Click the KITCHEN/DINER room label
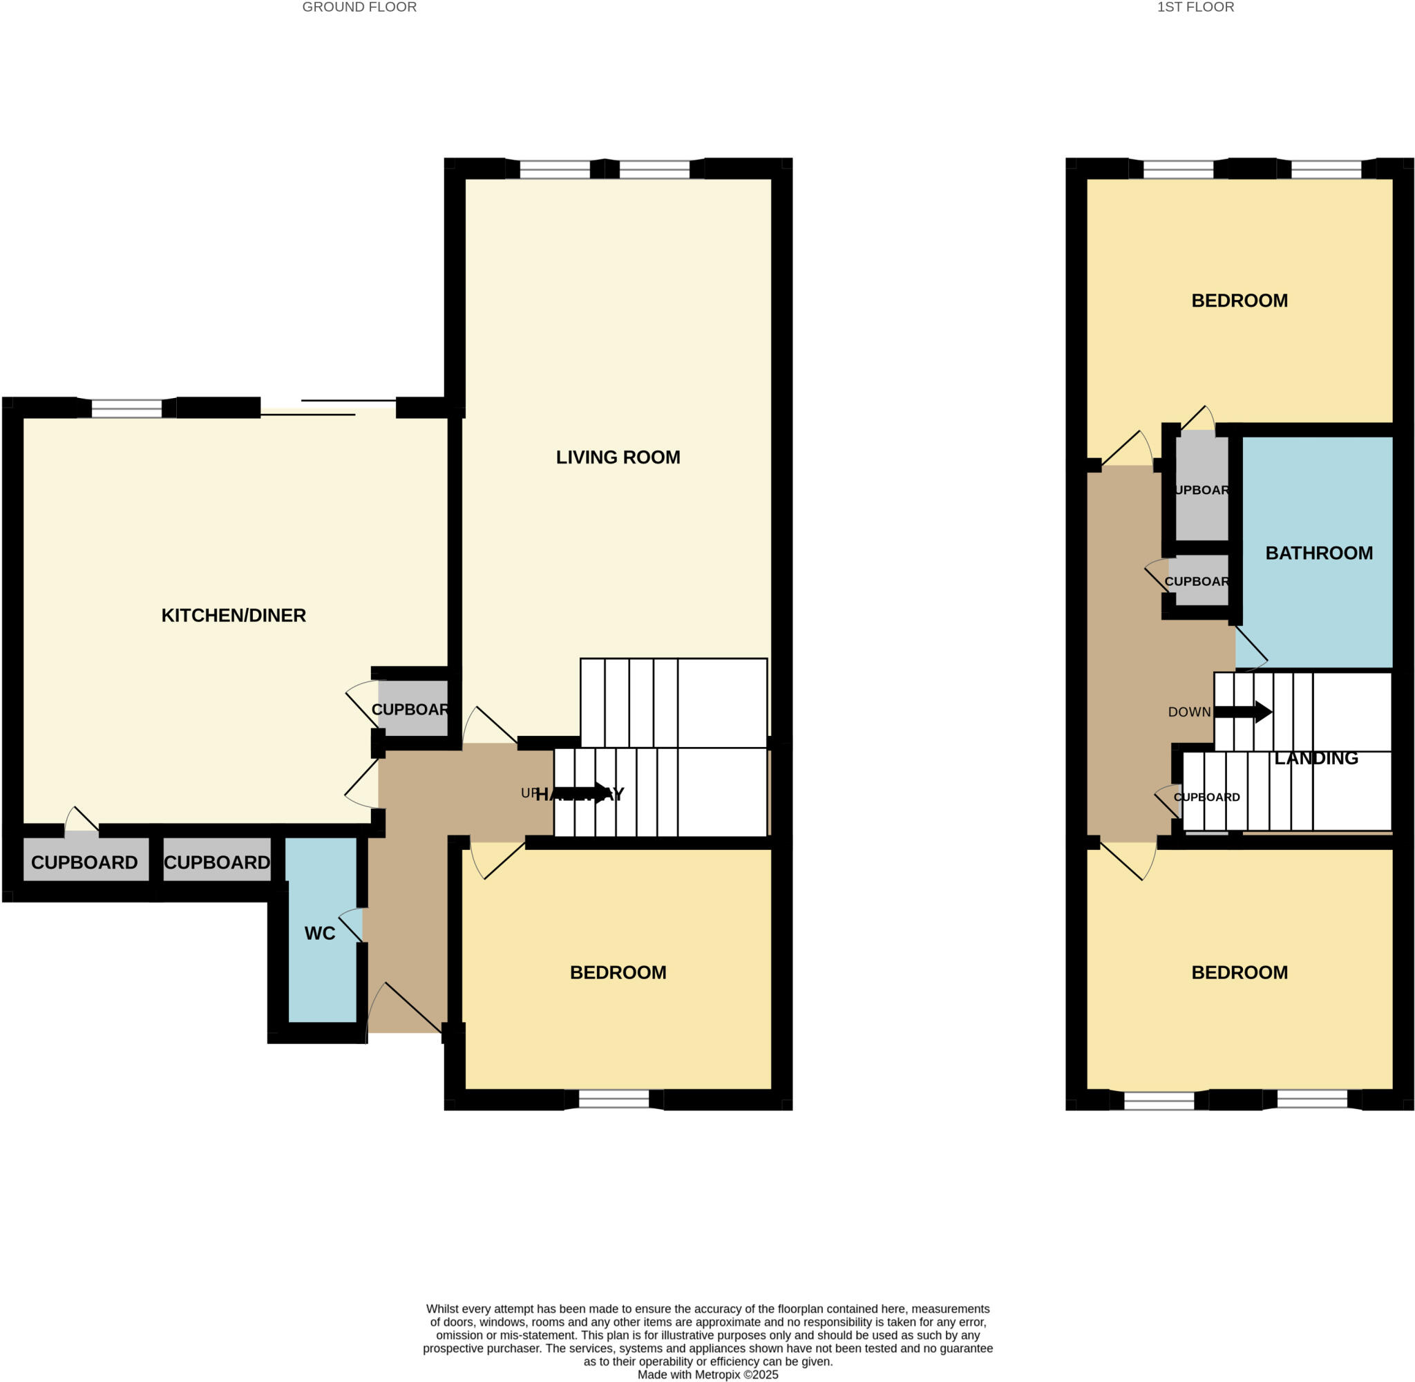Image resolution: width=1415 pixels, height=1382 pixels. [x=233, y=616]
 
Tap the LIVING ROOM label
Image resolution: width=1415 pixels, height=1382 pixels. [x=618, y=457]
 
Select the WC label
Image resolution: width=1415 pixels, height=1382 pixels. [x=319, y=934]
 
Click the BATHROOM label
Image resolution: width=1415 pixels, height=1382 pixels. [x=1318, y=553]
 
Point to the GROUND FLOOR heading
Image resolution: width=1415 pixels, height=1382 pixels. [x=359, y=8]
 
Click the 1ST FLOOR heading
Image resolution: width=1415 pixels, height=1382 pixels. [x=1195, y=8]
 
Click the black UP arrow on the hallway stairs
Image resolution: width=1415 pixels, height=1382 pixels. [x=580, y=793]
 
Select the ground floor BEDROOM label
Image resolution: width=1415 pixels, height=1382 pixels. [x=618, y=973]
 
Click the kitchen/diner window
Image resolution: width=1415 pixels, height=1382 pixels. [x=126, y=408]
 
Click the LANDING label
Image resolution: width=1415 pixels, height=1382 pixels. [x=1316, y=759]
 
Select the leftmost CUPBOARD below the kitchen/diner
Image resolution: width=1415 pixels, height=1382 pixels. [x=84, y=862]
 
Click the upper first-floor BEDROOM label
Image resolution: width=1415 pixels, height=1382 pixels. [x=1239, y=301]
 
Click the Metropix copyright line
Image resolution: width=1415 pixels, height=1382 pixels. [x=707, y=1374]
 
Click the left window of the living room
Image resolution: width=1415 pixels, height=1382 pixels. [x=554, y=169]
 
